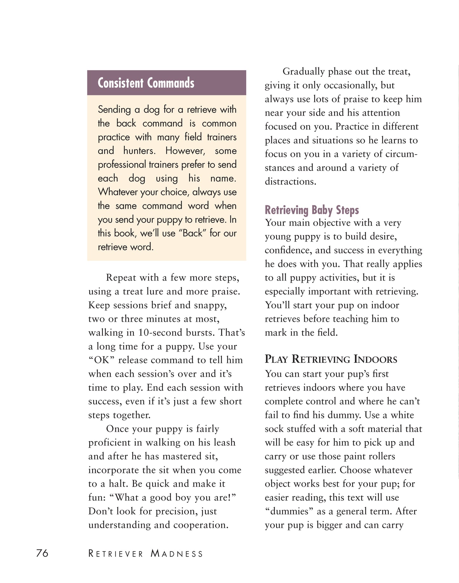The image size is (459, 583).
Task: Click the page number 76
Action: [x=42, y=553]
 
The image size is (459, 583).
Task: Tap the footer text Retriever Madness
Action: [x=145, y=554]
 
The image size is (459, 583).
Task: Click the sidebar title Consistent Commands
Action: [x=146, y=83]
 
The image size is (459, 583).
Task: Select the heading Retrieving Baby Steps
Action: [x=312, y=210]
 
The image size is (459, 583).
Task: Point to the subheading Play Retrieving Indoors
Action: [x=331, y=359]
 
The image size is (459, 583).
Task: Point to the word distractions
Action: [x=290, y=182]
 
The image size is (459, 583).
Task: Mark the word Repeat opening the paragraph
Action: [x=121, y=278]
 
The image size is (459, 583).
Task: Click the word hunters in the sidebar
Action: [x=139, y=151]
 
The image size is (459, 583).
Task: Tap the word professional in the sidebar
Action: [x=121, y=165]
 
